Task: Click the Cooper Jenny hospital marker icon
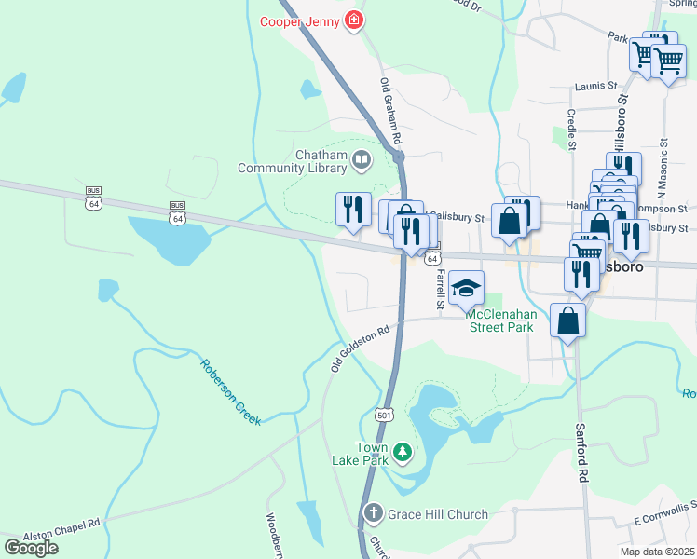(x=353, y=20)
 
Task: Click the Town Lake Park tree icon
(x=402, y=453)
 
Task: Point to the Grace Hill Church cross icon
(x=373, y=513)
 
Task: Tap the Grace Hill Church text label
(x=438, y=514)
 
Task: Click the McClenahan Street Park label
(x=500, y=321)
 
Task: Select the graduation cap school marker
(x=466, y=287)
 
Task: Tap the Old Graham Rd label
(x=391, y=110)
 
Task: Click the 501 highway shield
(x=385, y=414)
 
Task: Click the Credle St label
(x=570, y=128)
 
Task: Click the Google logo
(x=31, y=548)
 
